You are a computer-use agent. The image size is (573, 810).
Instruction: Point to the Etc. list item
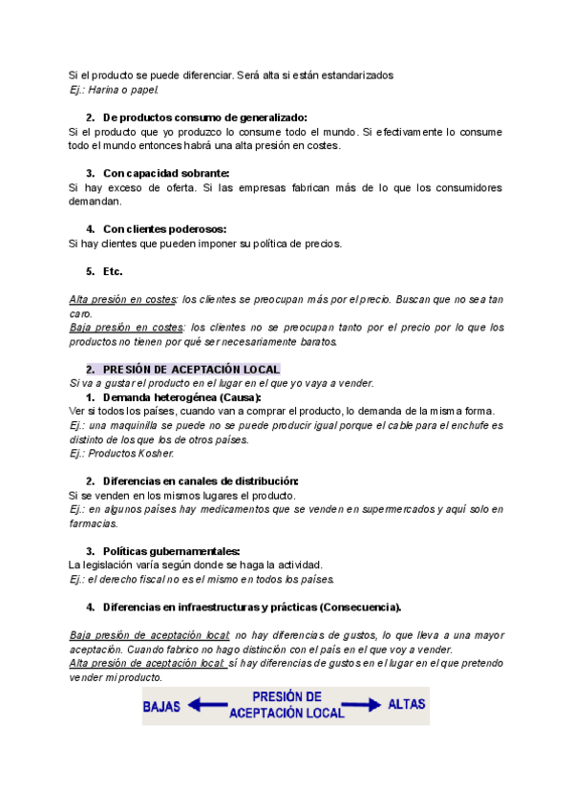pyautogui.click(x=113, y=271)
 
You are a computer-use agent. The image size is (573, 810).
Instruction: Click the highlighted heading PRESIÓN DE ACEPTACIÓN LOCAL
pyautogui.click(x=191, y=369)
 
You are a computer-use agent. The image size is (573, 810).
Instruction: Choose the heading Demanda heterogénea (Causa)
pyautogui.click(x=181, y=396)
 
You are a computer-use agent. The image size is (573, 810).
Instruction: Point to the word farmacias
pyautogui.click(x=93, y=523)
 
